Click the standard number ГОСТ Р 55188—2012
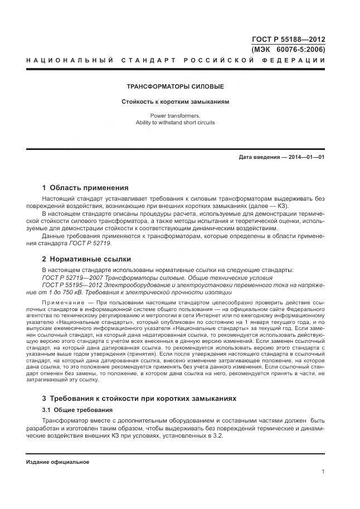point(289,40)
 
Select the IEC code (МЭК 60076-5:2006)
point(289,49)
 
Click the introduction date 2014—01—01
point(305,157)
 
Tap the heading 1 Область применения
point(85,188)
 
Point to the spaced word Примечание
point(64,302)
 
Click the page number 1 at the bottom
point(323,472)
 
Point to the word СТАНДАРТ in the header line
point(148,60)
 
